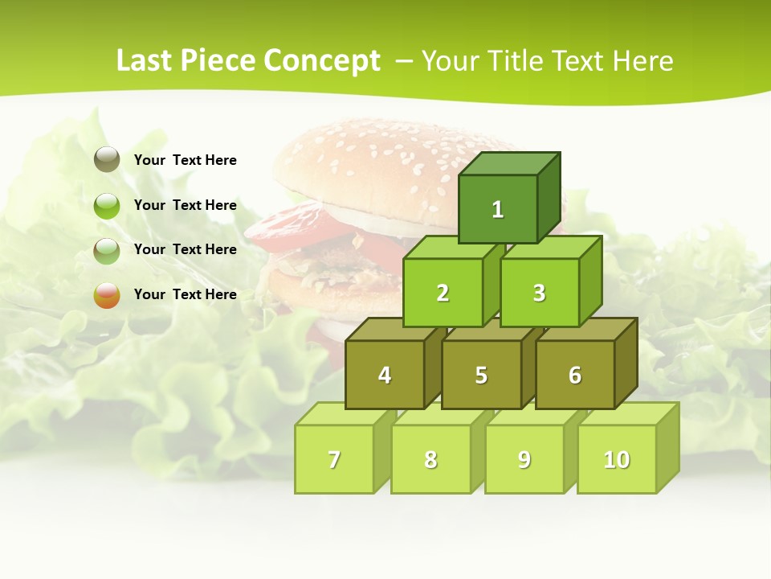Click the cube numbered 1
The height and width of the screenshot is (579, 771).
[498, 209]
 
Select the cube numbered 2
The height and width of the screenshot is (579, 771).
[443, 293]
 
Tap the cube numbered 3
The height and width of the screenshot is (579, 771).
[539, 293]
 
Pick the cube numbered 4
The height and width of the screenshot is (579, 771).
[385, 375]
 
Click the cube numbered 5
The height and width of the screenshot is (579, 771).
[481, 375]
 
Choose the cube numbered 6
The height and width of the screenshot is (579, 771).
[575, 375]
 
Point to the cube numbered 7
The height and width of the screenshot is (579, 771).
[334, 459]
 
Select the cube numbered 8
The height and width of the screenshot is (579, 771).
[430, 459]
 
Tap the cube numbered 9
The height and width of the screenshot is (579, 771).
[524, 459]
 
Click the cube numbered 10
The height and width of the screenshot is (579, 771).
[617, 459]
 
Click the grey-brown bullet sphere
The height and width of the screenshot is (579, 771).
[107, 160]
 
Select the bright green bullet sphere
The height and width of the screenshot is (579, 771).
[107, 206]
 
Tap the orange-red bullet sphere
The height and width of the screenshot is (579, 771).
[107, 295]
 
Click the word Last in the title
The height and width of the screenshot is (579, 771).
[144, 61]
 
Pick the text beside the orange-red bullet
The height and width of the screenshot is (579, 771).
[186, 294]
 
